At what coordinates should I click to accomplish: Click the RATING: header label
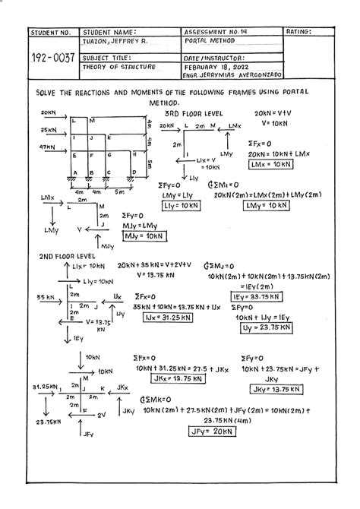click(x=302, y=32)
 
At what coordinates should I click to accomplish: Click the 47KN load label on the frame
click(x=49, y=147)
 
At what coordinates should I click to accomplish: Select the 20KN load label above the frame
click(x=49, y=111)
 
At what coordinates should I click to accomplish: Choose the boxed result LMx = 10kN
click(x=271, y=163)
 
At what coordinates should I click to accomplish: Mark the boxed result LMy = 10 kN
click(x=278, y=206)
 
